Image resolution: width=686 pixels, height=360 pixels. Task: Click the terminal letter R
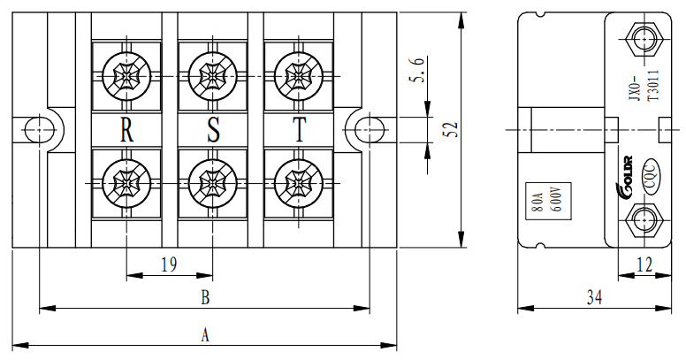coord(127,131)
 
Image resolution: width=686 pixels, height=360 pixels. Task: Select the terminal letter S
coord(213,131)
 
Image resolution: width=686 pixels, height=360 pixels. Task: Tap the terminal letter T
coord(299,131)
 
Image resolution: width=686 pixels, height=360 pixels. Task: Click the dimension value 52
coord(451,130)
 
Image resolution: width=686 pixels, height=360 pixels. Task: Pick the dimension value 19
coord(169,263)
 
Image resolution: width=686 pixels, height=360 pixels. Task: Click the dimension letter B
coord(204,298)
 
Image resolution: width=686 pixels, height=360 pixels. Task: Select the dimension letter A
coord(205,335)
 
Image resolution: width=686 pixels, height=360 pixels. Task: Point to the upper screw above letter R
coord(127,74)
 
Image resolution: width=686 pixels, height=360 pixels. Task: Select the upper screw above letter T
coord(299,74)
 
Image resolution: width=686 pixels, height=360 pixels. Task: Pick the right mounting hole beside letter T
coord(366,130)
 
